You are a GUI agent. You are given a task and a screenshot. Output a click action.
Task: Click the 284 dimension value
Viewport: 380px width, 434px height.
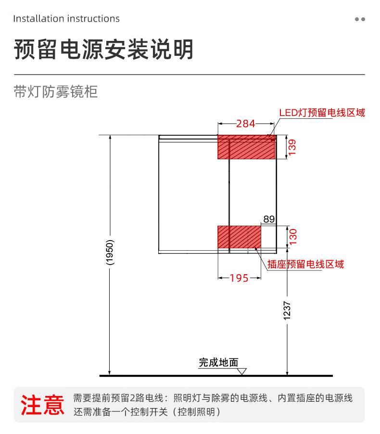[245, 124]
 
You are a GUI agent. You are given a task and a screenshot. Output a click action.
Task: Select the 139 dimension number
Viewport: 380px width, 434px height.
[292, 147]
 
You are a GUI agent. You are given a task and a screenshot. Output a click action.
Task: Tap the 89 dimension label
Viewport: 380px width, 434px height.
[269, 219]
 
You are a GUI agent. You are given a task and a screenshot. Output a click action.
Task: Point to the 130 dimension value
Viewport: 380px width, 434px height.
[293, 237]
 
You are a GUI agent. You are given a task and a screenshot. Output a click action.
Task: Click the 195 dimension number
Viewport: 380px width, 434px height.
[239, 278]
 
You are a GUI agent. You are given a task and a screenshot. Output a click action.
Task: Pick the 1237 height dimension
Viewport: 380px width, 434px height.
[287, 311]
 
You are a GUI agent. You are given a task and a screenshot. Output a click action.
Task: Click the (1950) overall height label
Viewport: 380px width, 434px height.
[110, 253]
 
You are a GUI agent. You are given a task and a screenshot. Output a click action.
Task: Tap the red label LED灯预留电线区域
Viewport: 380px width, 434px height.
[322, 113]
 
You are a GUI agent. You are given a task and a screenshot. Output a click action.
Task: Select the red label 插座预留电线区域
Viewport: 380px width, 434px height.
[305, 264]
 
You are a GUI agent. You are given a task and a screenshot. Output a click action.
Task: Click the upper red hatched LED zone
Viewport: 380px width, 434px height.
[247, 147]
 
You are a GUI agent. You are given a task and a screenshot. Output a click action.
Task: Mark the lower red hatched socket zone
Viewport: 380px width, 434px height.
[239, 237]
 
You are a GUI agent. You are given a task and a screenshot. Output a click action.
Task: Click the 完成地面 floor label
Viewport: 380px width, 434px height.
[219, 362]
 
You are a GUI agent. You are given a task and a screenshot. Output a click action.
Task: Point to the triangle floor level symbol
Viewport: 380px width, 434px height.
[242, 370]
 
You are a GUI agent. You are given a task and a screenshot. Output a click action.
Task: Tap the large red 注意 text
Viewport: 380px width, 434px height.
[42, 405]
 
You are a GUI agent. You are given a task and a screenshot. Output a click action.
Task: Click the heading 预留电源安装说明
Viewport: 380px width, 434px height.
[103, 49]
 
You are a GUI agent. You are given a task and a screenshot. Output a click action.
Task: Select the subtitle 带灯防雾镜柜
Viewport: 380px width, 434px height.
[56, 91]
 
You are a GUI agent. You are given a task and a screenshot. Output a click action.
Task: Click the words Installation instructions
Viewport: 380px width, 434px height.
[66, 19]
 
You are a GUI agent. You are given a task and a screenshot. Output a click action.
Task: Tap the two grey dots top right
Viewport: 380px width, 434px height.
[360, 19]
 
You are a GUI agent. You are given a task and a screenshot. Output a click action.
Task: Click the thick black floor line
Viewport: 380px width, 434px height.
[216, 376]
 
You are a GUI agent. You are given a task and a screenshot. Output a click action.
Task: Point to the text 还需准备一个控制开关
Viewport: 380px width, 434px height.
[120, 412]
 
